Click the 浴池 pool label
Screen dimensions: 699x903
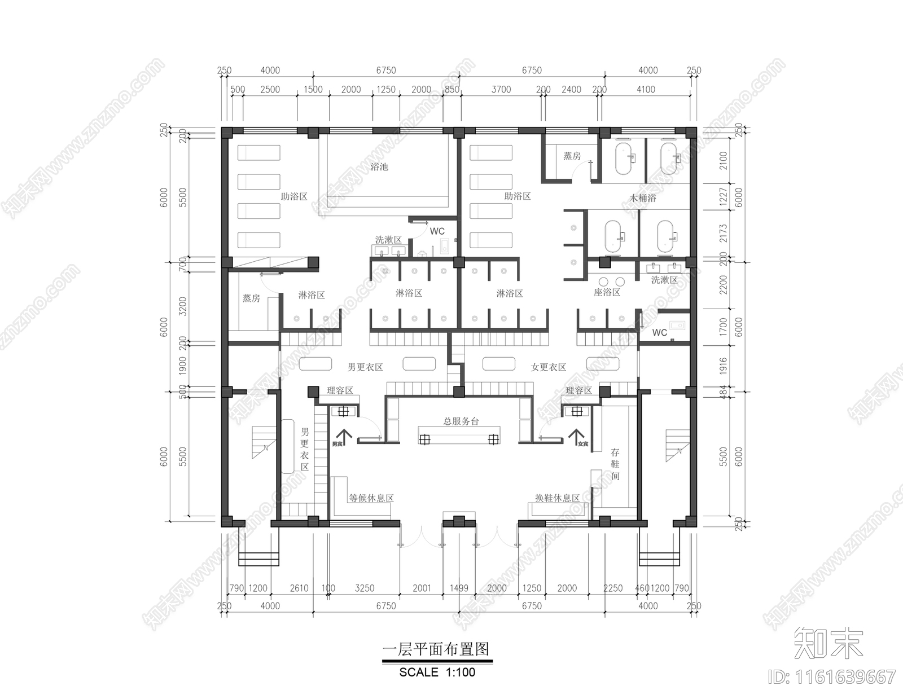379,167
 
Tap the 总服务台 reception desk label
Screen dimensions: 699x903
461,421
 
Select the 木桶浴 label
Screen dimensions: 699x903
643,198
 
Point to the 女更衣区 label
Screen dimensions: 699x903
548,367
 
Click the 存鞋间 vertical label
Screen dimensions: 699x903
615,464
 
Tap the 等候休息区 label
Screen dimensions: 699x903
371,498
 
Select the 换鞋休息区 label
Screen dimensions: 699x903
558,498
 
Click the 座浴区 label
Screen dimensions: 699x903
607,292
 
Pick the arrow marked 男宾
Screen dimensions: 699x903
344,437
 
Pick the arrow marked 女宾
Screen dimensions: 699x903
576,437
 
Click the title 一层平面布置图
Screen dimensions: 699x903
436,649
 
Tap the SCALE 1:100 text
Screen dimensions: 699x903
437,672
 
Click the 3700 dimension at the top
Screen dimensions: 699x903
501,89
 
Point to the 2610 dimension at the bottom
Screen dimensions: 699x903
299,588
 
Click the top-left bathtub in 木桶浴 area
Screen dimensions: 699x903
623,159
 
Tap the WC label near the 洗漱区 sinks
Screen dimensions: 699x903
437,231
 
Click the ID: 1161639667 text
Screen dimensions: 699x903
832,676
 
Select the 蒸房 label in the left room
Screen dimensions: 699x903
251,298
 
